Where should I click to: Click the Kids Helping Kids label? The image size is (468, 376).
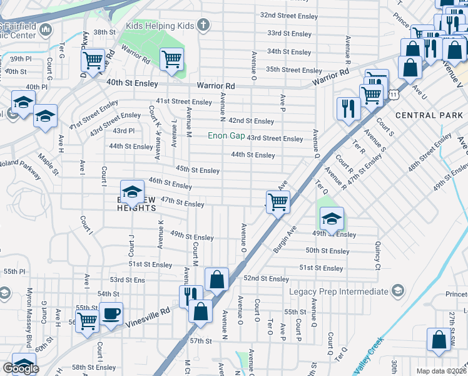click(161, 25)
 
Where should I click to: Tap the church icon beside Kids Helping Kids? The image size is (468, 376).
click(201, 25)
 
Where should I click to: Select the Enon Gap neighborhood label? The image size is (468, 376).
click(226, 136)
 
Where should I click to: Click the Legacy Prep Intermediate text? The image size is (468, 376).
click(338, 291)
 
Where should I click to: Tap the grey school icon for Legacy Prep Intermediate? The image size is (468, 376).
click(397, 291)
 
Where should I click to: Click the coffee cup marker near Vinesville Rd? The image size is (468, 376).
click(111, 314)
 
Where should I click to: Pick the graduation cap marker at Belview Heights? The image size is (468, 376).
click(132, 192)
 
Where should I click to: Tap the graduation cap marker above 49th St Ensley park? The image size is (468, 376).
click(332, 219)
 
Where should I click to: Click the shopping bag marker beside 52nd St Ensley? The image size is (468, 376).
click(216, 279)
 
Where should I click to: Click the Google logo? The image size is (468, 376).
click(21, 368)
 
